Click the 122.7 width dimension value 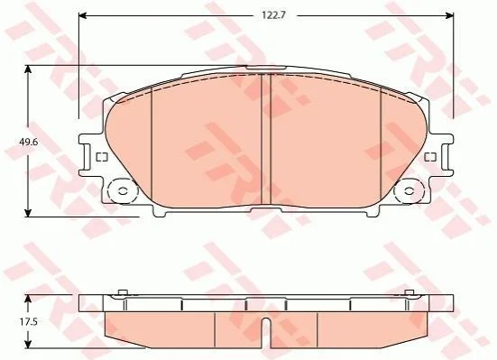click(x=273, y=15)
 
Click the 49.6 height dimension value click(x=29, y=142)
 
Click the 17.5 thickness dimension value click(x=29, y=322)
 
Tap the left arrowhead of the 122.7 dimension click(x=83, y=15)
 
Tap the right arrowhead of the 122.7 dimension click(x=449, y=15)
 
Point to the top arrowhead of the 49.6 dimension click(x=29, y=69)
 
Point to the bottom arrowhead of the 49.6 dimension click(x=29, y=213)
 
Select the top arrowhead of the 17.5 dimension click(x=29, y=300)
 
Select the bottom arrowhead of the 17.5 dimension click(x=29, y=343)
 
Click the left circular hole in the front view click(x=123, y=191)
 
